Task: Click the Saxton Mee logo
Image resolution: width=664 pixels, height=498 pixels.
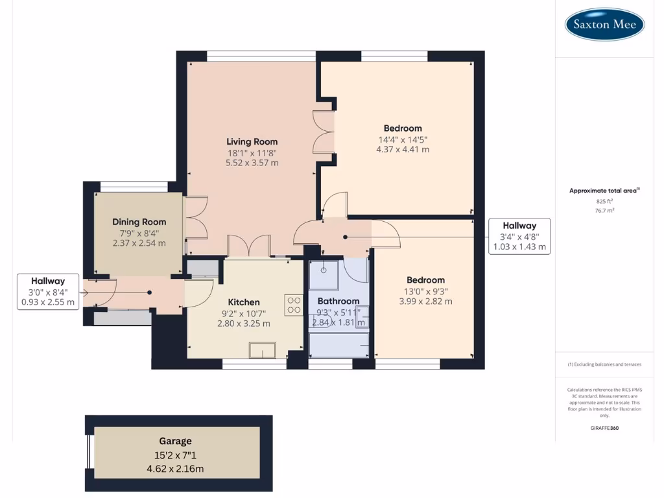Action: tap(604, 25)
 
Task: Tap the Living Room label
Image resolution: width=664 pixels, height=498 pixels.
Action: tap(252, 141)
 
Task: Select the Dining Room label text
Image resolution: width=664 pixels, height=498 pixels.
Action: tap(139, 222)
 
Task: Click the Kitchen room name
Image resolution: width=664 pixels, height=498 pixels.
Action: tap(244, 302)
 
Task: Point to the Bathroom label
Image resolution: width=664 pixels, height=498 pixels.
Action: tap(338, 301)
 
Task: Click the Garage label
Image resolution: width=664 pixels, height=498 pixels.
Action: tap(175, 441)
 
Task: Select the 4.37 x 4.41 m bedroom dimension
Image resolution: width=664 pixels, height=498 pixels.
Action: tap(402, 149)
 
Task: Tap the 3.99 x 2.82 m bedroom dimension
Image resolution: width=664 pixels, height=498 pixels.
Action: tap(425, 301)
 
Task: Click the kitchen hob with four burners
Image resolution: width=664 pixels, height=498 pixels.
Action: tap(294, 305)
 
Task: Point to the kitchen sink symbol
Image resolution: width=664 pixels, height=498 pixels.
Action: tap(263, 350)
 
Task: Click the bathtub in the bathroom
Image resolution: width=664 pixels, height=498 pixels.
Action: tap(338, 344)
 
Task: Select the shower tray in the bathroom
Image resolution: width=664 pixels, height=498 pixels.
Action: tap(322, 275)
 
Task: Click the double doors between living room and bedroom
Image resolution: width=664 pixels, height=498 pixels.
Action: tap(324, 132)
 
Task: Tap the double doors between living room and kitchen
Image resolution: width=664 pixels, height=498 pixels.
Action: tap(248, 246)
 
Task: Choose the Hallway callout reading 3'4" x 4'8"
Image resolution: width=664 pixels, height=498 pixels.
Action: tap(519, 236)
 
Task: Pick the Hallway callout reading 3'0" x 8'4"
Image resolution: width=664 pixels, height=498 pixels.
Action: tap(48, 291)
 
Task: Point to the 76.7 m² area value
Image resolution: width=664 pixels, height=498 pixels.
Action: tap(604, 210)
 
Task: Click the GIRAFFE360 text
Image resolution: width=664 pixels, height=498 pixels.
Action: tap(604, 428)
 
